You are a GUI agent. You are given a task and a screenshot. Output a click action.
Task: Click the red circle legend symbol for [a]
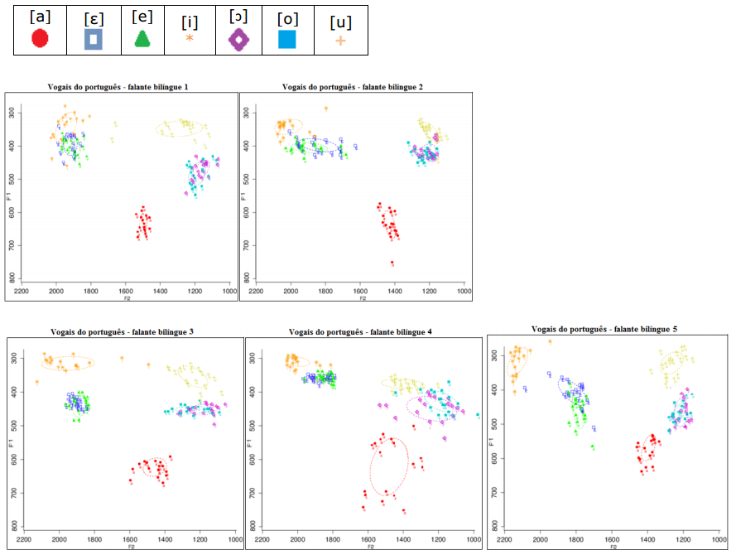coord(41,39)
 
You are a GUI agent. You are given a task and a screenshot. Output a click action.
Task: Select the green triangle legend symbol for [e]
coord(142,39)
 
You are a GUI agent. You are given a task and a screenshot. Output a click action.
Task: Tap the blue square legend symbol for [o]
coord(287,39)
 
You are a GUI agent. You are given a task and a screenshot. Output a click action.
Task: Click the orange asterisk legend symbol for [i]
coord(189,38)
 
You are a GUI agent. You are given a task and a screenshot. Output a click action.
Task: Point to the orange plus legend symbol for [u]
coord(339,40)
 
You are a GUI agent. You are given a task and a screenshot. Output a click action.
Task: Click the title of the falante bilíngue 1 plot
coord(123,87)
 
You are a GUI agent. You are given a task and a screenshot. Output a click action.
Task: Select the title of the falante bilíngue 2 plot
coord(353,86)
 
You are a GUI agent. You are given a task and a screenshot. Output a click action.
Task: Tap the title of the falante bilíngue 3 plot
coord(123,332)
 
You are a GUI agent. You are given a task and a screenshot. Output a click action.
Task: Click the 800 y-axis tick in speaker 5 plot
coord(495,525)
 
